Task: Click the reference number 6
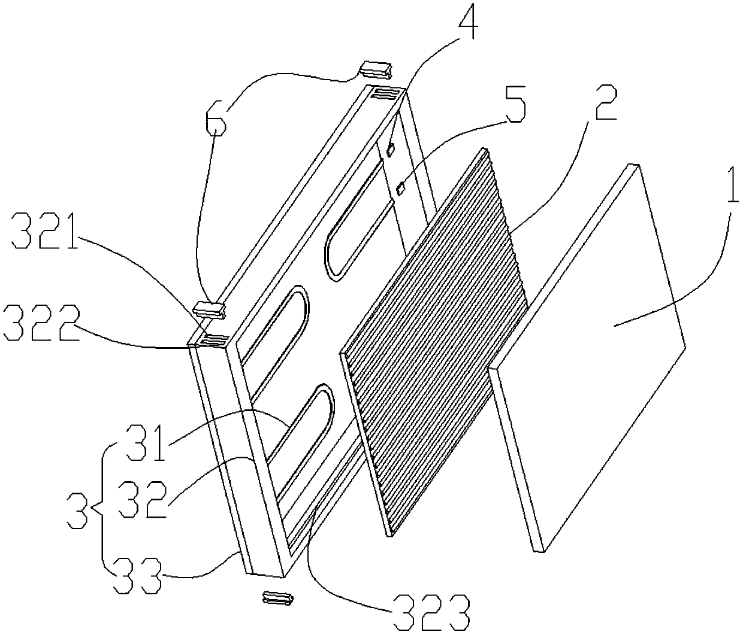tap(217, 121)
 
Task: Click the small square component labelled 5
tap(400, 190)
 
